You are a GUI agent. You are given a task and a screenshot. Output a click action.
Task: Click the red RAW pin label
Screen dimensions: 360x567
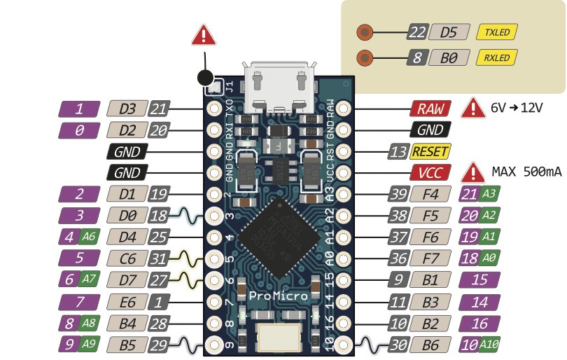coord(429,109)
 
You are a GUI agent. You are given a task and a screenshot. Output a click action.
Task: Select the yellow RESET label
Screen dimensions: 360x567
coord(430,151)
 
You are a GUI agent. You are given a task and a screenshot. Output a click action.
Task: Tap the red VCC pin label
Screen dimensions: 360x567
coord(429,172)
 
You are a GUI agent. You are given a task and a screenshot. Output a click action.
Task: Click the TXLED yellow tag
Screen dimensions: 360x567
coord(496,32)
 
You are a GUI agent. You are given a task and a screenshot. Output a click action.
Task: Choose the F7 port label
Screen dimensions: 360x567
coord(430,258)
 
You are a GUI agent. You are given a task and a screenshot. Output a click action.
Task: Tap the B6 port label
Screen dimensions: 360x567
coord(430,345)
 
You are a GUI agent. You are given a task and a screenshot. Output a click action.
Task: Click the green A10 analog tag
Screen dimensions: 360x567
coord(489,345)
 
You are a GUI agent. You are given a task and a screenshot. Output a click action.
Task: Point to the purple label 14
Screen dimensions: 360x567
coord(479,302)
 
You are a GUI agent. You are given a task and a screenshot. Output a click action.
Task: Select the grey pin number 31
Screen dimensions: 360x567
coord(160,258)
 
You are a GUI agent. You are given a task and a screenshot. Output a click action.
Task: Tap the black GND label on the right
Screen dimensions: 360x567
coord(429,130)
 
